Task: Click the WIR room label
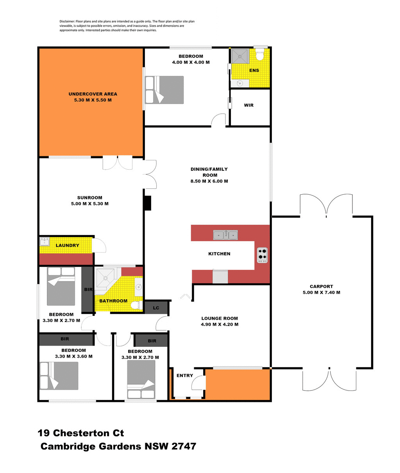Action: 249,105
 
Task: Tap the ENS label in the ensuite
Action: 254,70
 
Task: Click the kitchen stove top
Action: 262,255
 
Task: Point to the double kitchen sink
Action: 225,235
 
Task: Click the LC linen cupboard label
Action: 156,308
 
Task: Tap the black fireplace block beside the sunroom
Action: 147,203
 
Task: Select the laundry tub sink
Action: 44,241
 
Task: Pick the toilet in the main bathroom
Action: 136,305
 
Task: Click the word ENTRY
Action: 185,376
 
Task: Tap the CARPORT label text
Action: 321,287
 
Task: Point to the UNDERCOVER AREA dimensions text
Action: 93,100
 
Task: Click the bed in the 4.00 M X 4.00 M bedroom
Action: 164,90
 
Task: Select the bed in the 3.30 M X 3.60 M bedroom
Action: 59,376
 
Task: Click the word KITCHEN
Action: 219,254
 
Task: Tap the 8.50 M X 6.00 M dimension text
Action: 209,181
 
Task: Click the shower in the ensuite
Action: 239,56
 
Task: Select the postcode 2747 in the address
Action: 184,446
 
